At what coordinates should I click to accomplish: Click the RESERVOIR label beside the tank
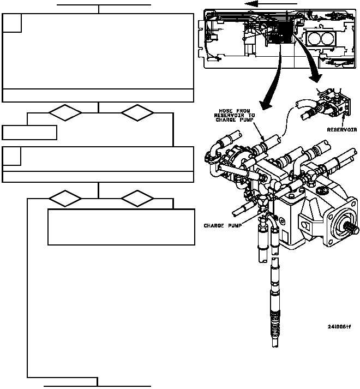[342, 130]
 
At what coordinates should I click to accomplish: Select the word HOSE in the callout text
[225, 111]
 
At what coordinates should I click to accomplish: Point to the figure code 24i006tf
[339, 327]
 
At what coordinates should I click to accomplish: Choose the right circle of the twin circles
[328, 38]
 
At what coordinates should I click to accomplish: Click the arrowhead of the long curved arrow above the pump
[266, 105]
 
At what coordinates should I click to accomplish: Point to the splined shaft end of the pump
[353, 230]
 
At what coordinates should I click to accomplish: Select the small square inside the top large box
[12, 23]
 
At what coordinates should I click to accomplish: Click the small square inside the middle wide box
[11, 156]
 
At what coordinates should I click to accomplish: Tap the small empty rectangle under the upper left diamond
[29, 133]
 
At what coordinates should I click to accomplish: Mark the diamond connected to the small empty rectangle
[65, 113]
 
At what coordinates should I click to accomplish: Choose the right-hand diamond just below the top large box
[137, 113]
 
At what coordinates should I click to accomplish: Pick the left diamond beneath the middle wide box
[65, 199]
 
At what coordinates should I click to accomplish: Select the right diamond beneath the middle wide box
[137, 199]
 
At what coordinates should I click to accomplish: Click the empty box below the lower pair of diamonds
[121, 227]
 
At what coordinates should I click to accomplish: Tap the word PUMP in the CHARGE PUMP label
[235, 226]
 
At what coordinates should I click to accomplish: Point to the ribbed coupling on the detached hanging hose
[275, 325]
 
